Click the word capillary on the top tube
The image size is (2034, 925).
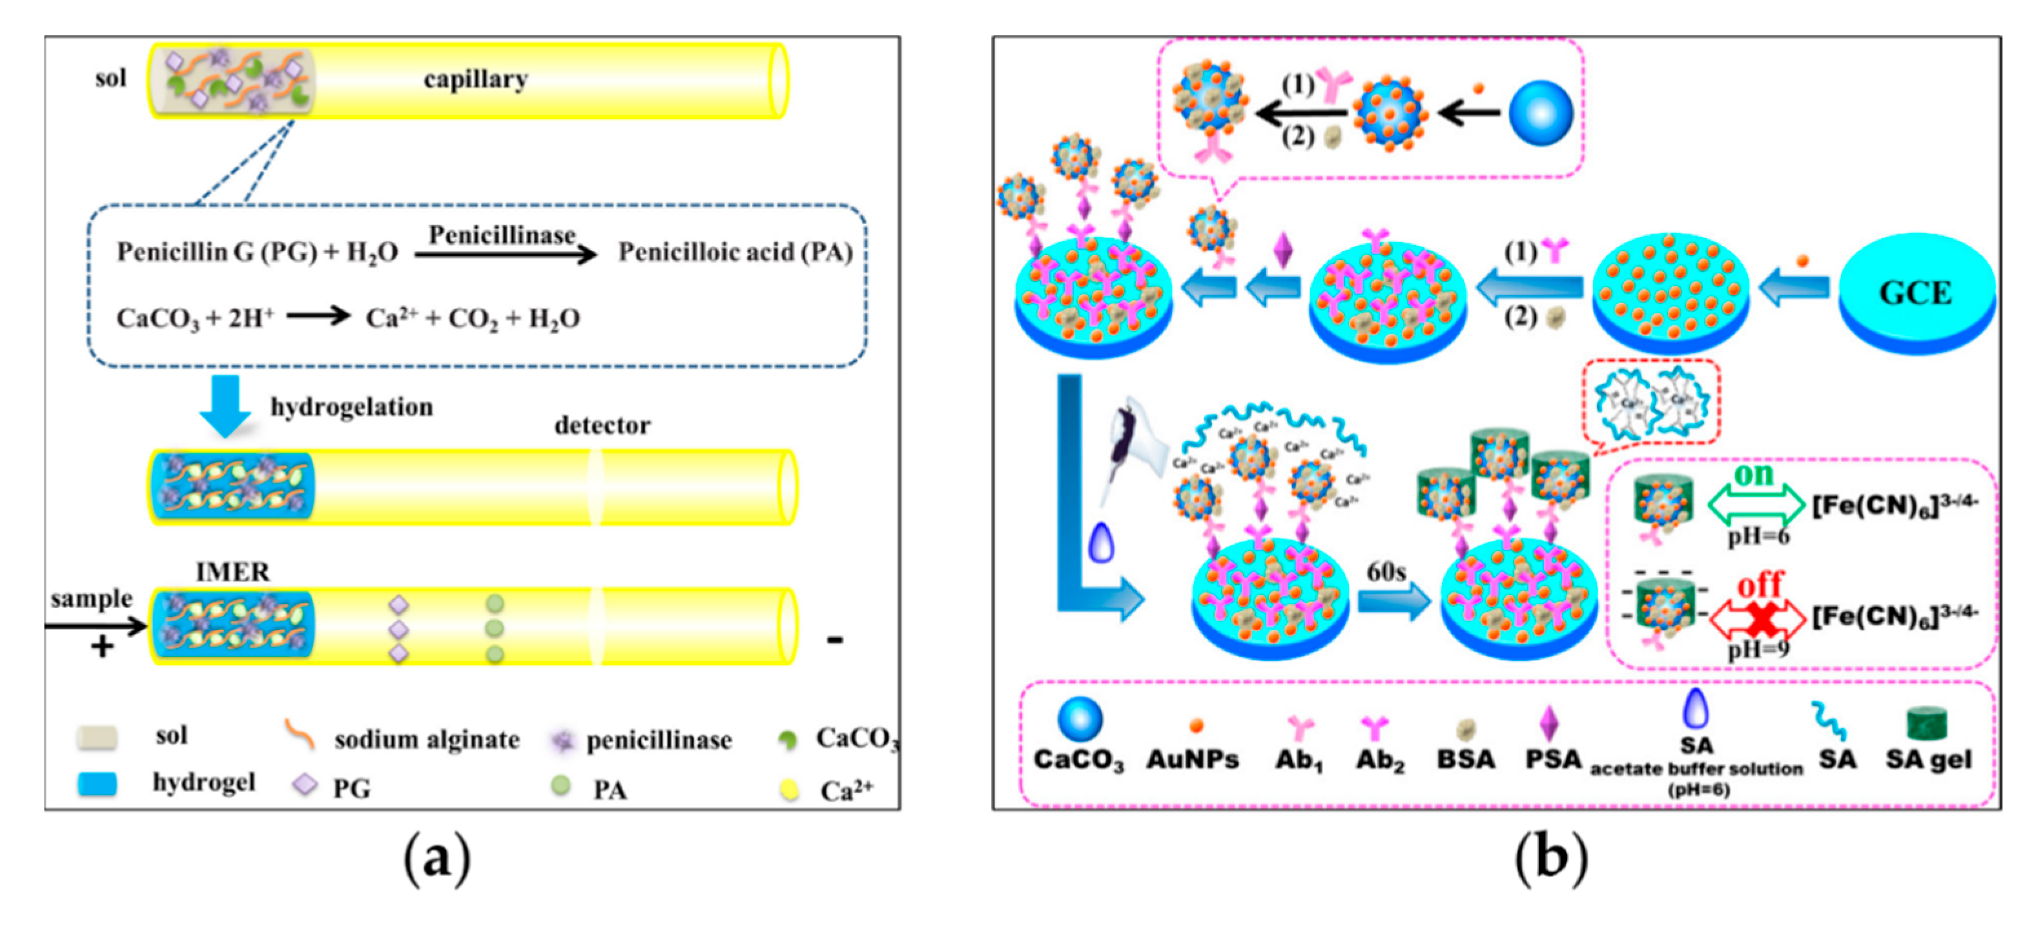pos(475,79)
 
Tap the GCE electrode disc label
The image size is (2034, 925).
pos(1915,293)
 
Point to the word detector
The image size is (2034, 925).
pos(602,425)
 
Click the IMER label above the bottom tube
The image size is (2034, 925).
pos(232,571)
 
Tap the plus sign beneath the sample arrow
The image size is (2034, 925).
pos(103,647)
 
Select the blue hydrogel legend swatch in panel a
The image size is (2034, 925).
pos(97,784)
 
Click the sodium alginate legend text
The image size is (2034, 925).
pos(426,740)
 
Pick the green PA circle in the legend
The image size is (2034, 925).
pos(560,786)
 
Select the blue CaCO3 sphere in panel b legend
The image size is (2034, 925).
pos(1080,719)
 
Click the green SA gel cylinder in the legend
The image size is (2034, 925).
pos(1927,722)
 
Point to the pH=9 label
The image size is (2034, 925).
pos(1758,649)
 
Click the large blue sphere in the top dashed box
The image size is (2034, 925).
pos(1541,113)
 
